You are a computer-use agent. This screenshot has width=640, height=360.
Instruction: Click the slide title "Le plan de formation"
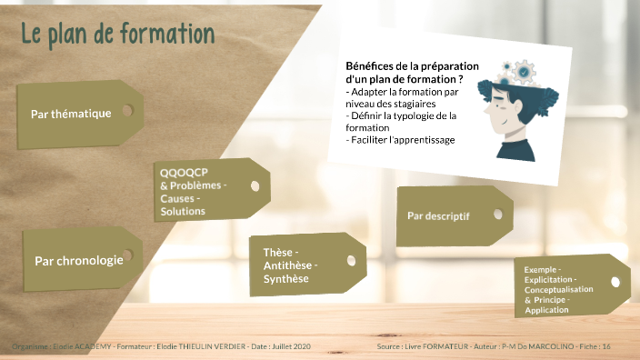[x=117, y=34]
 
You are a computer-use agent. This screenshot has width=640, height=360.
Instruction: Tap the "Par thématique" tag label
[x=70, y=114]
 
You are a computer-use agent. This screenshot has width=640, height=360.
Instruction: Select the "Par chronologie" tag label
[x=78, y=260]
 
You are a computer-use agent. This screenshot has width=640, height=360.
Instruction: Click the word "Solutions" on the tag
[x=182, y=211]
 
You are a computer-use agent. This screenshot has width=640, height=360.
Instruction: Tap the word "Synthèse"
[x=285, y=278]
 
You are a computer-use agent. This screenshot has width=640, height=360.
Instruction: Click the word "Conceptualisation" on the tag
[x=559, y=290]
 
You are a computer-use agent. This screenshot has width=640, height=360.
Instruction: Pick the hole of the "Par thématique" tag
[x=127, y=110]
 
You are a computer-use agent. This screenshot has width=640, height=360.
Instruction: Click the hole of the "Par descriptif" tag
[x=496, y=214]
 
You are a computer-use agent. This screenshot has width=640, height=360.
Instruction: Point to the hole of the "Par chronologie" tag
[x=127, y=256]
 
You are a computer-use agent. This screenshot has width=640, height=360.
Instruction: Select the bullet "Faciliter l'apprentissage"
[x=401, y=140]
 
